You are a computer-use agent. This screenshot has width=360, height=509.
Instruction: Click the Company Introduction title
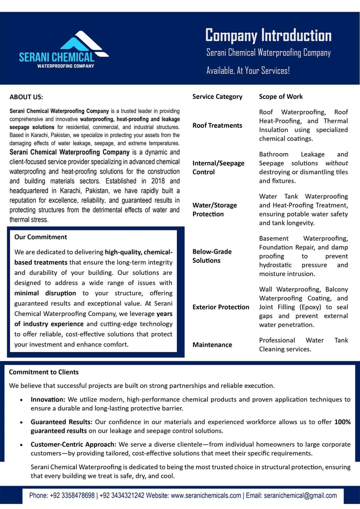pos(268,35)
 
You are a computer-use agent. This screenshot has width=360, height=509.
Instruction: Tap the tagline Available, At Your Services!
pos(248,71)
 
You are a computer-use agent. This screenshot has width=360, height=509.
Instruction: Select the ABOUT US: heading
pos(27,97)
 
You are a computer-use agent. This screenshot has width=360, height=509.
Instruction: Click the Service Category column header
pos(217,96)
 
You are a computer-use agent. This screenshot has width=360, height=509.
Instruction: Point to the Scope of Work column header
pos(281,96)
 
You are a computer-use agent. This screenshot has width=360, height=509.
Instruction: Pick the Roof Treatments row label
pos(217,126)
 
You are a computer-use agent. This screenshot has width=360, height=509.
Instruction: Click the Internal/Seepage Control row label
pos(218,167)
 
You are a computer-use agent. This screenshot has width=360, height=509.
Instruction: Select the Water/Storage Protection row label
pos(215,209)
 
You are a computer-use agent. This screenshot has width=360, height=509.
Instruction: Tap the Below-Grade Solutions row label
pos(212,256)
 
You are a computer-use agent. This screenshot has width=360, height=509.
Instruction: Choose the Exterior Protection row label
pos(220,307)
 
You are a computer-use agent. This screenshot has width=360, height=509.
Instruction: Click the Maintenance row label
pos(212,345)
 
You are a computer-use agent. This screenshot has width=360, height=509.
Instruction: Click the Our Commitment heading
pos(40,237)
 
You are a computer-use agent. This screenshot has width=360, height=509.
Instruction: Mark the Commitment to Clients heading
pos(44,372)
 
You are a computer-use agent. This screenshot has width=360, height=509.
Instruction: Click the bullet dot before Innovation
pos(22,400)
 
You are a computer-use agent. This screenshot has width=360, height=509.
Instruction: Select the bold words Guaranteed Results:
pos(62,422)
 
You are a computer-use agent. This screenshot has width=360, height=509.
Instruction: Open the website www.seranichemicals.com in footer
pos(206,495)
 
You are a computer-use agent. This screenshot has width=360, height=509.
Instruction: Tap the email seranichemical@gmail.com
pos(301,495)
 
